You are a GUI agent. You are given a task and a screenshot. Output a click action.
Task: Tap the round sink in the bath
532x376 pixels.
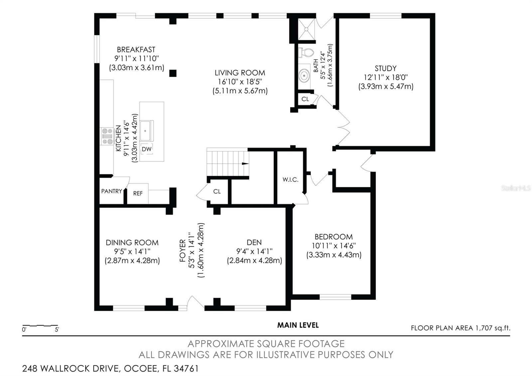click(304, 76)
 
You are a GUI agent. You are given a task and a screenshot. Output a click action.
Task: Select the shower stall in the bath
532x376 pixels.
click(306, 30)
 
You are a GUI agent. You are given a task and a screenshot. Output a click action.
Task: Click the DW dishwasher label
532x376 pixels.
click(147, 149)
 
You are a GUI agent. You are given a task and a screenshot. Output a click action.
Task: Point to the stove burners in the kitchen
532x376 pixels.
click(107, 136)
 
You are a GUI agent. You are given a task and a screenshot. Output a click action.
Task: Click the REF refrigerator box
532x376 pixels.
click(138, 193)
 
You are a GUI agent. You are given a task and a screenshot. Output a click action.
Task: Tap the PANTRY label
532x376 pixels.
click(111, 191)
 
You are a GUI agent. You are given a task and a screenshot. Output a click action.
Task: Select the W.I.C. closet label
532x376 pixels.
click(290, 180)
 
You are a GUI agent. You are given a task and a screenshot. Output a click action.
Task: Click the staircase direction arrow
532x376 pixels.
click(245, 163)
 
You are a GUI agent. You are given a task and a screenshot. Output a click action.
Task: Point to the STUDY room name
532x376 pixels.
click(385, 69)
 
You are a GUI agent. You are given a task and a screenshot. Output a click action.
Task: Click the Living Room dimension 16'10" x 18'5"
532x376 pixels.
click(239, 82)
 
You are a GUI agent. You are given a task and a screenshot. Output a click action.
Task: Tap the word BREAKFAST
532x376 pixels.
click(136, 50)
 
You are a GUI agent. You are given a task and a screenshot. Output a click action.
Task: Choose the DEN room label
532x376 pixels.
click(254, 243)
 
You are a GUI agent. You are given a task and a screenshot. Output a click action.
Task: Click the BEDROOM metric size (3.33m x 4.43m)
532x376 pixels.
click(333, 255)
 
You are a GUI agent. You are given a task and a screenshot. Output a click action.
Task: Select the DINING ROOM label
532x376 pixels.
click(132, 243)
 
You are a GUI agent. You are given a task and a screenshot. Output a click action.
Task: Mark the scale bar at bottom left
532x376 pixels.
click(40, 325)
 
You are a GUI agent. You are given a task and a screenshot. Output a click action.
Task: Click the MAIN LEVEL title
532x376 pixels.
click(298, 325)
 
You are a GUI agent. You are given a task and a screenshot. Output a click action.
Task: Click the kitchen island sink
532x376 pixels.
click(145, 131)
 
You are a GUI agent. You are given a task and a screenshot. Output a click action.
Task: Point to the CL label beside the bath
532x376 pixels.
click(305, 99)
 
